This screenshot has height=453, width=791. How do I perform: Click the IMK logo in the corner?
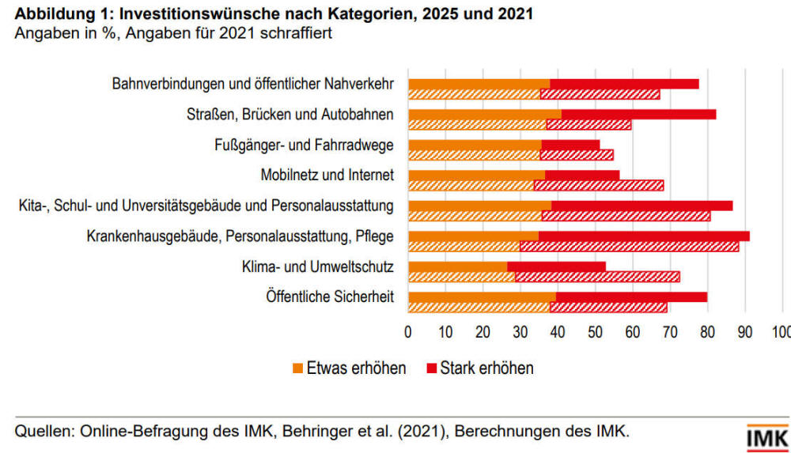pyautogui.click(x=766, y=437)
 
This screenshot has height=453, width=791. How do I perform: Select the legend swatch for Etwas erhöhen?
pyautogui.click(x=297, y=368)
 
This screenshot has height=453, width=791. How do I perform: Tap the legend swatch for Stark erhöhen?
pyautogui.click(x=430, y=368)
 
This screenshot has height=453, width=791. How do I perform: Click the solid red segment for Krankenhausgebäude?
pyautogui.click(x=644, y=236)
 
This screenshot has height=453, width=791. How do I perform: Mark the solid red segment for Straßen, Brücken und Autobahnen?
pyautogui.click(x=638, y=114)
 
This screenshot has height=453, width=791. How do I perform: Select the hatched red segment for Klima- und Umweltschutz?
pyautogui.click(x=597, y=277)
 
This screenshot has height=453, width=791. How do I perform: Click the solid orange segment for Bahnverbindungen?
pyautogui.click(x=479, y=84)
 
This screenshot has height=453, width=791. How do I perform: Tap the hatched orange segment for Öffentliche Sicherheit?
pyautogui.click(x=479, y=307)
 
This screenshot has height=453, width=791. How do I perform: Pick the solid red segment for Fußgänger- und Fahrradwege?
pyautogui.click(x=570, y=145)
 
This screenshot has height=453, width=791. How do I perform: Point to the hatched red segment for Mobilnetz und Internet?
pyautogui.click(x=598, y=185)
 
